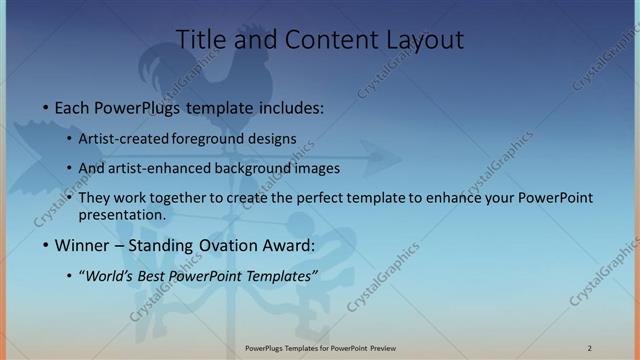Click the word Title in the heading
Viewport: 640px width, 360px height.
(x=199, y=40)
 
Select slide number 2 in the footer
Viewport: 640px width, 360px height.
(x=589, y=348)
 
